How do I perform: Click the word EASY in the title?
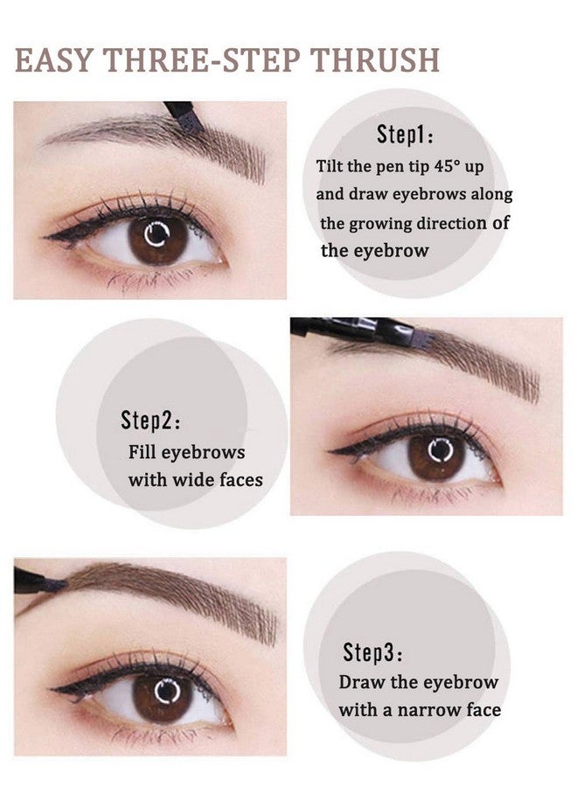[x=54, y=59]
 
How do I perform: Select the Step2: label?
[x=151, y=421]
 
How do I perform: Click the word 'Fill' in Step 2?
[x=143, y=452]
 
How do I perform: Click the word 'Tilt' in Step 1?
[x=332, y=165]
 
